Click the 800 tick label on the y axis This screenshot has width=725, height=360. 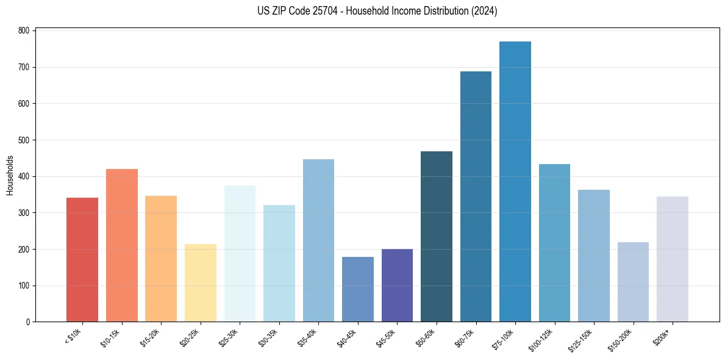pyautogui.click(x=24, y=31)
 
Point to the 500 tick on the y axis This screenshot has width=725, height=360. pyautogui.click(x=24, y=140)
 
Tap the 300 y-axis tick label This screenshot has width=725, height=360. pyautogui.click(x=24, y=212)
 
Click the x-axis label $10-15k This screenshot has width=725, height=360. pyautogui.click(x=110, y=337)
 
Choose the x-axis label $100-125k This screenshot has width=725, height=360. pyautogui.click(x=541, y=339)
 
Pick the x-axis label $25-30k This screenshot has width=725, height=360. pyautogui.click(x=229, y=337)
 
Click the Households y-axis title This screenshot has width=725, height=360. pyautogui.click(x=10, y=175)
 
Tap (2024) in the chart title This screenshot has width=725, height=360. pyautogui.click(x=485, y=11)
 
